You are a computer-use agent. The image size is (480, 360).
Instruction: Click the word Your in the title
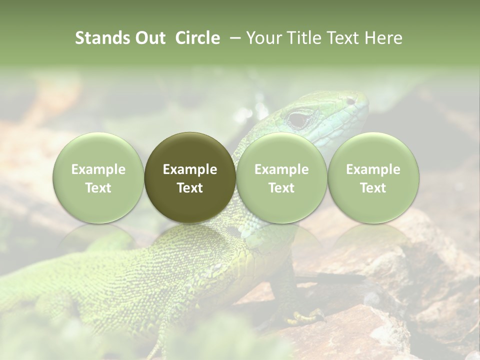pos(263,38)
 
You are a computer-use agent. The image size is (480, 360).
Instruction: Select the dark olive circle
pos(190,177)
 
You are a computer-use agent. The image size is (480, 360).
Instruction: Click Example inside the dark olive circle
pos(190,169)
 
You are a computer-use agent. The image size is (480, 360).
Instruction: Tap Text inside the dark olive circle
pos(190,188)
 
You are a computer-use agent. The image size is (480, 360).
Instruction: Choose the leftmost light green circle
pos(98,177)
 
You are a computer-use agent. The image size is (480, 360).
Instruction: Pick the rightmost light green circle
pos(373,177)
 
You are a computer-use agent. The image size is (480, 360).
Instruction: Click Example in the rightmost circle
pos(373,169)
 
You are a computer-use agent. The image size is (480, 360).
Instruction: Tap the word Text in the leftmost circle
pos(98,188)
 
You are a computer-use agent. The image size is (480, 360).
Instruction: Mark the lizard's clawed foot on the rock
pos(305,316)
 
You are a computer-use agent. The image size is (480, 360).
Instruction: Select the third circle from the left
pos(281,177)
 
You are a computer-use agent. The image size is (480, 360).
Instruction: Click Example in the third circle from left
pos(281,169)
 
